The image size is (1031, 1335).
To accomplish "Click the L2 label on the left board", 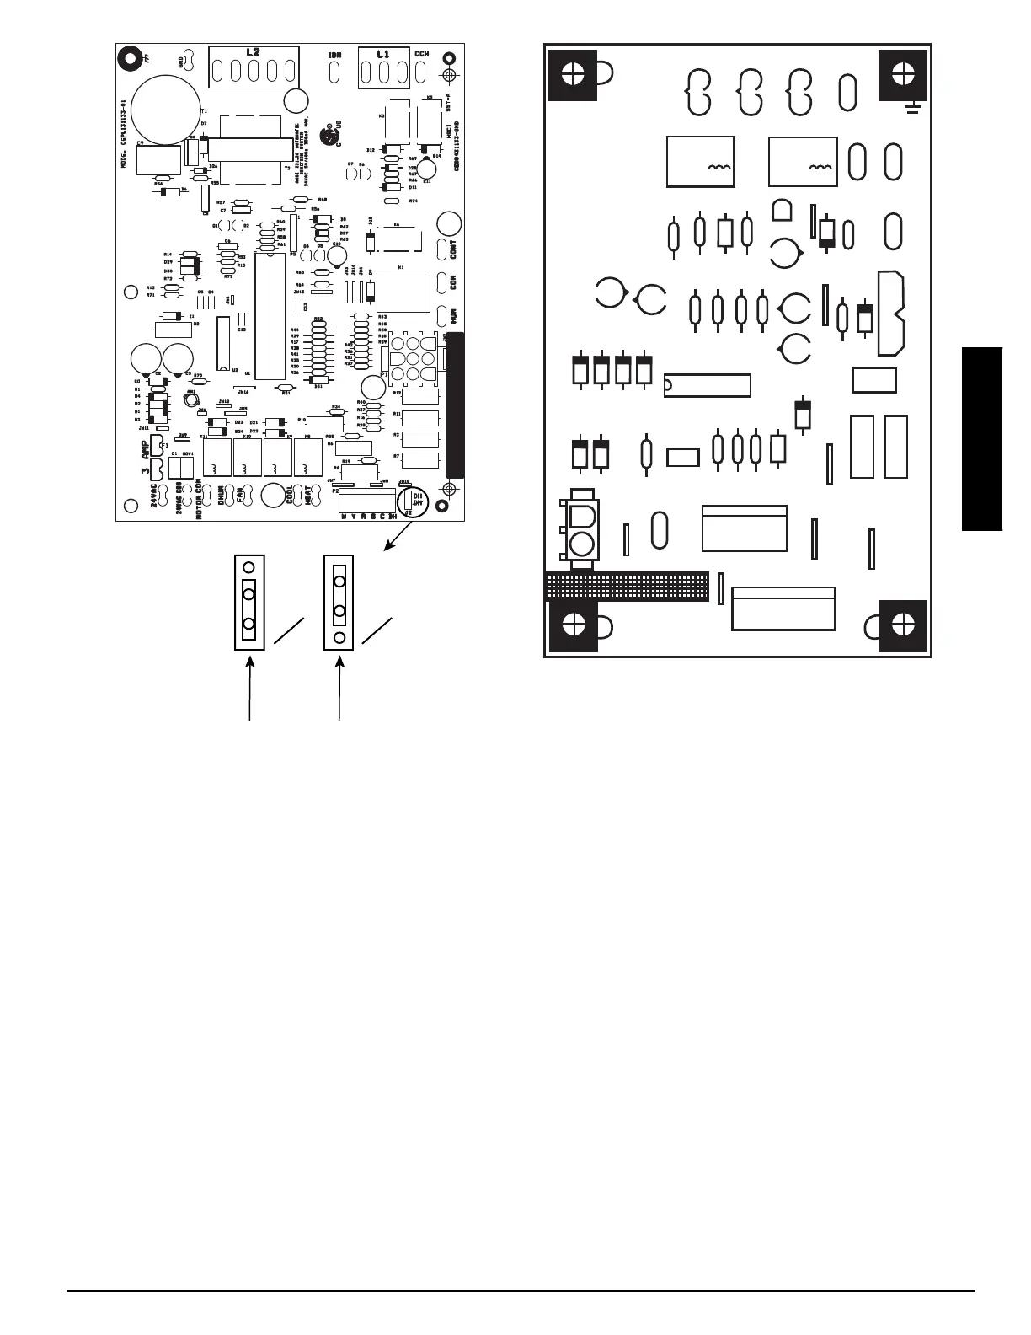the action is tap(253, 52).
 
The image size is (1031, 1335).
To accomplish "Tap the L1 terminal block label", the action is tap(383, 54).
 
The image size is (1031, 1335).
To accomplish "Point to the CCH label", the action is tap(421, 54).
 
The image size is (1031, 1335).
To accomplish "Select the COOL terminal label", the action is tap(290, 494).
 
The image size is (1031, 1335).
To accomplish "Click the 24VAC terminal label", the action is tap(154, 495).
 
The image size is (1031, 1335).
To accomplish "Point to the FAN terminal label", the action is tap(239, 494).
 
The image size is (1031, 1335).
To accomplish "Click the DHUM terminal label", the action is tap(222, 494).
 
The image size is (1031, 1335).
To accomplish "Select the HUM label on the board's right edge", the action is tap(452, 315).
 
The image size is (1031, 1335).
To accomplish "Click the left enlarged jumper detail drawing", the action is tap(249, 602).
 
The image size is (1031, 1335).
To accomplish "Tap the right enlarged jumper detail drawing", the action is tap(339, 602).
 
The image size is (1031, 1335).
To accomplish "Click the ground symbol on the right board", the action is tap(914, 107).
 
